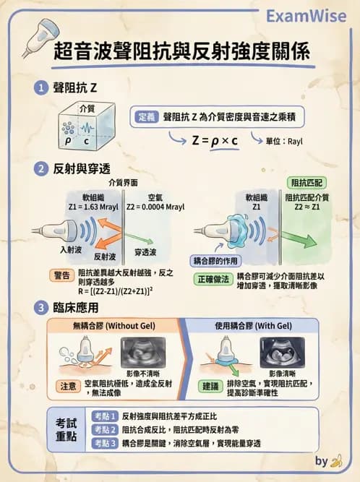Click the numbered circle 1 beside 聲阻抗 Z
click(x=43, y=88)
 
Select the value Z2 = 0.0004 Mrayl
click(x=155, y=206)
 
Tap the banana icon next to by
click(x=335, y=461)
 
